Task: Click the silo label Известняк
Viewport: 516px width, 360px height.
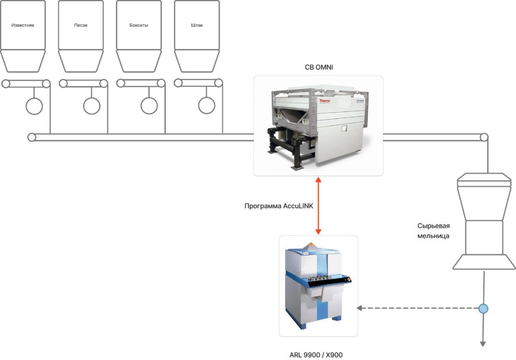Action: tap(22, 25)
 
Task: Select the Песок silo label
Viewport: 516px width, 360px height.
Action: tap(81, 25)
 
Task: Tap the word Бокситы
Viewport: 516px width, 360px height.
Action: tap(139, 25)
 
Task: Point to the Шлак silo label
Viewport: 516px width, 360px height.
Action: tap(197, 25)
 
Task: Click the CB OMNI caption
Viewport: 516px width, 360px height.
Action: tap(318, 68)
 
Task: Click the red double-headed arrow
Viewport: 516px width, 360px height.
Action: tap(318, 206)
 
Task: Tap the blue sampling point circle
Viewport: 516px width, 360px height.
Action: tap(484, 308)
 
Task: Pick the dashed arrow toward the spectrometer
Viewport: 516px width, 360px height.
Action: tap(418, 308)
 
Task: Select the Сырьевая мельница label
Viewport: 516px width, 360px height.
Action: tap(433, 230)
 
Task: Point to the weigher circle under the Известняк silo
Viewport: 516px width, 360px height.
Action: tap(34, 106)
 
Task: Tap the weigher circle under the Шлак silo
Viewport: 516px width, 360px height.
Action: tap(207, 106)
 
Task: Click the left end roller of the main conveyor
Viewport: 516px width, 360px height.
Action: tap(32, 137)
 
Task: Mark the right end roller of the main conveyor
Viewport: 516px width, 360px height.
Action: tap(484, 137)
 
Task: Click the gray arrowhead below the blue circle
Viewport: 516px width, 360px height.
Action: tap(483, 344)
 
